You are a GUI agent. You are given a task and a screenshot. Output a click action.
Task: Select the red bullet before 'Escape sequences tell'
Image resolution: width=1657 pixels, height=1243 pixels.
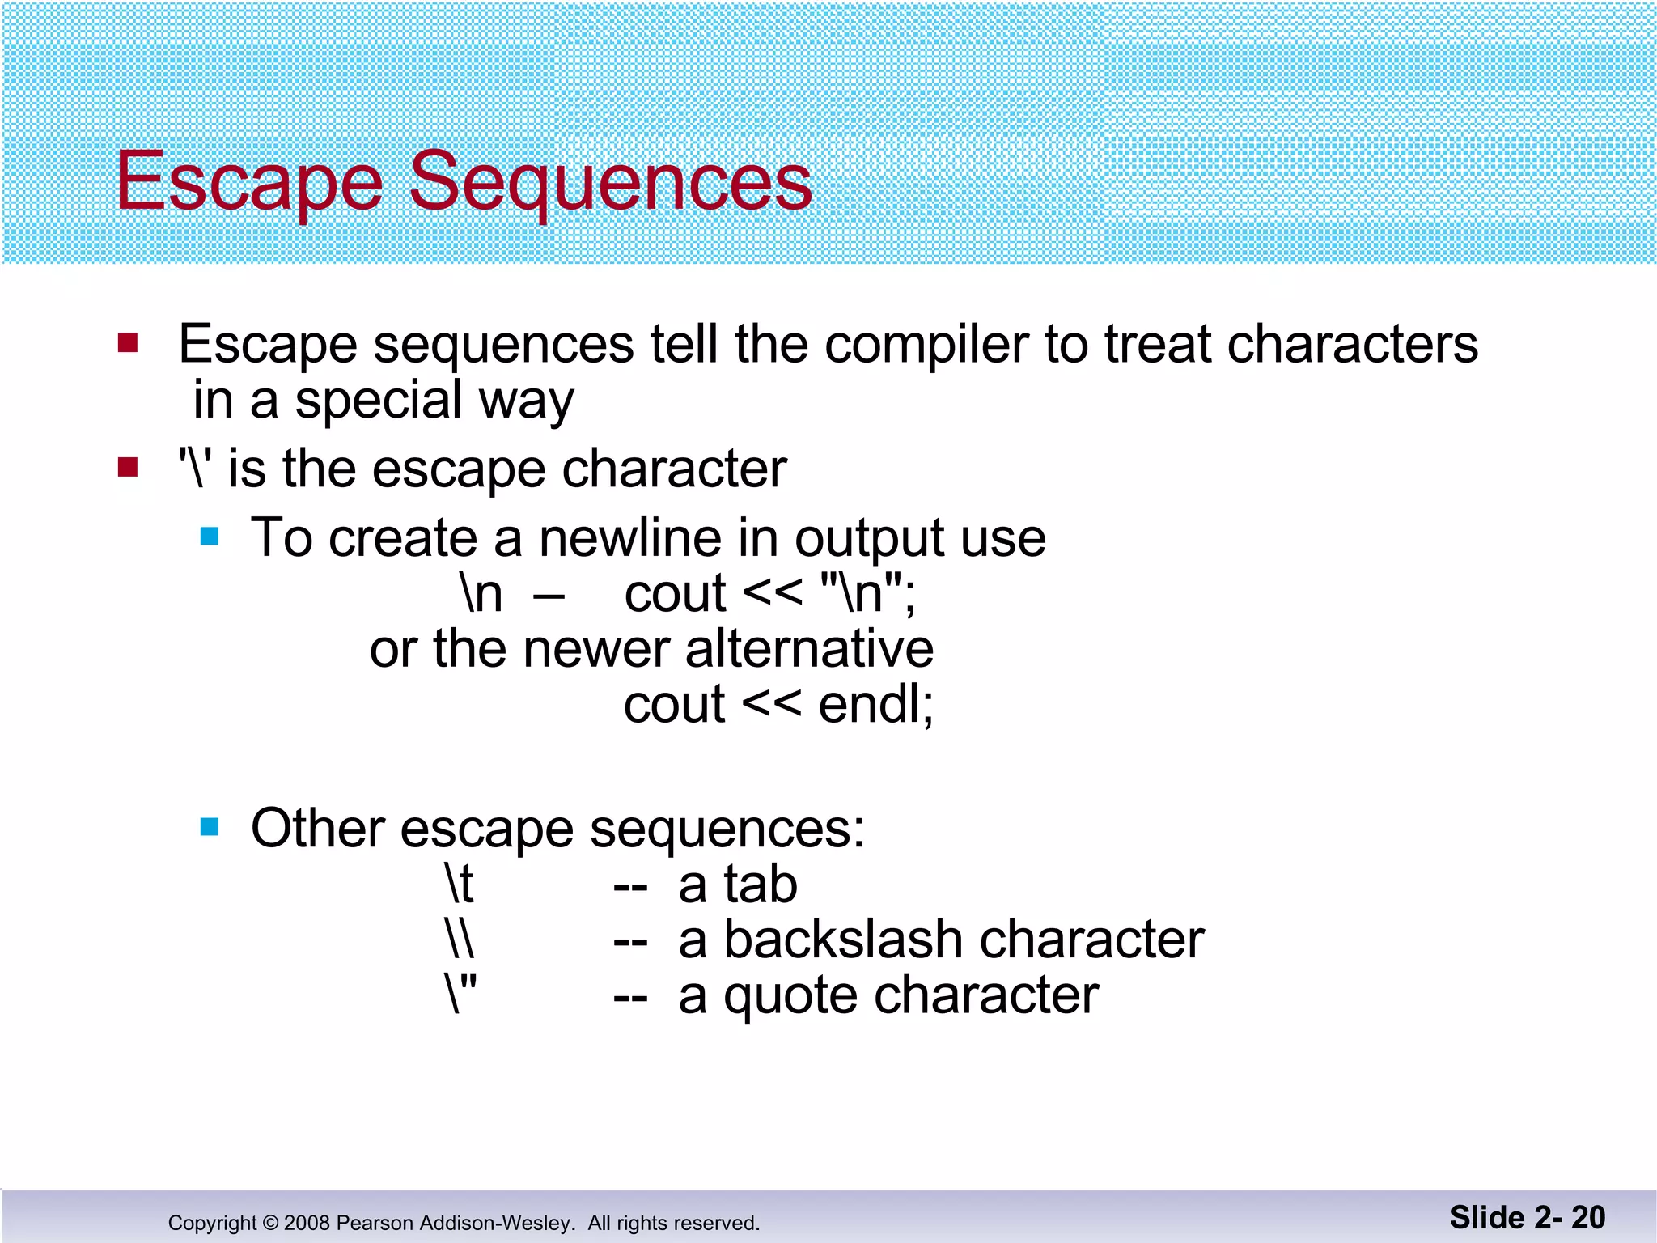click(x=128, y=343)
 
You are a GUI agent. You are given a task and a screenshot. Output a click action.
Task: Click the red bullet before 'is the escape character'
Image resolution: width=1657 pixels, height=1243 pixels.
click(x=128, y=468)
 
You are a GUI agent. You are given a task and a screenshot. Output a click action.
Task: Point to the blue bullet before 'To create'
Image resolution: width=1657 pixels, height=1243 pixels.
click(x=210, y=537)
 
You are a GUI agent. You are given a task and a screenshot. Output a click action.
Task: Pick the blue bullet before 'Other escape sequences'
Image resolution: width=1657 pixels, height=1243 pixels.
click(x=210, y=827)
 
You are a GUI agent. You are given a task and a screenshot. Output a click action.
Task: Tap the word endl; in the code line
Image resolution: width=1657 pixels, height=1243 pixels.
click(x=875, y=704)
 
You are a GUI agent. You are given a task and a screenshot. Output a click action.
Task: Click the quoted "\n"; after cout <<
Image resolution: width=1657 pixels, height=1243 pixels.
click(x=867, y=593)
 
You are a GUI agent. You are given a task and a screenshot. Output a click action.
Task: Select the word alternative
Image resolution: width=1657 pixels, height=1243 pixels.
click(x=809, y=649)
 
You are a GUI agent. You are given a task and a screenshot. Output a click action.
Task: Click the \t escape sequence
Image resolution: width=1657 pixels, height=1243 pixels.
click(x=460, y=884)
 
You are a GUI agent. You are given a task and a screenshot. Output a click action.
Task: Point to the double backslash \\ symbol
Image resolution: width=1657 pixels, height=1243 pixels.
click(x=460, y=940)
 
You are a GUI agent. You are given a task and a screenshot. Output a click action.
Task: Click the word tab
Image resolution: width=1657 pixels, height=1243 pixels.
click(x=761, y=884)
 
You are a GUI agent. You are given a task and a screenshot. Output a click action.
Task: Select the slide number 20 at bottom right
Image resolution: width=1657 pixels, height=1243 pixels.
click(x=1587, y=1217)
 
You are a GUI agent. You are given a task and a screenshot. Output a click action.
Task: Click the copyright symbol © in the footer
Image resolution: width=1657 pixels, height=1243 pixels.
click(x=270, y=1223)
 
